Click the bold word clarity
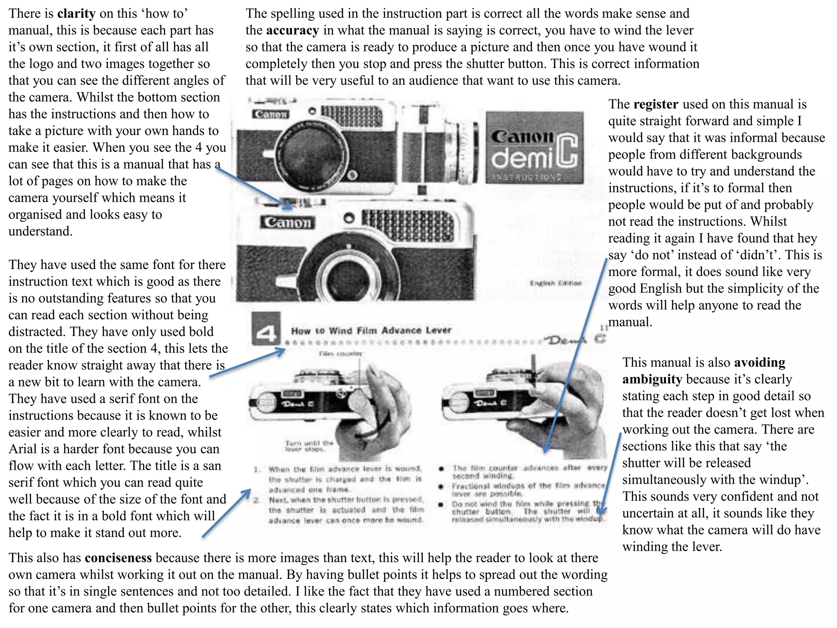point(76,13)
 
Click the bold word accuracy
point(292,30)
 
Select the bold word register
point(656,104)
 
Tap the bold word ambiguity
point(652,379)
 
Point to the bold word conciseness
point(118,558)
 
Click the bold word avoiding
point(759,363)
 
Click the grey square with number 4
point(266,330)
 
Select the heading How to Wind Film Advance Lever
point(371,330)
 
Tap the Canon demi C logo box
point(535,147)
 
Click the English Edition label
point(555,283)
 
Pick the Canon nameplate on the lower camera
point(287,222)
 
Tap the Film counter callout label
point(340,354)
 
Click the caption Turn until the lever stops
point(309,446)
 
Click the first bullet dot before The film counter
point(441,469)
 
